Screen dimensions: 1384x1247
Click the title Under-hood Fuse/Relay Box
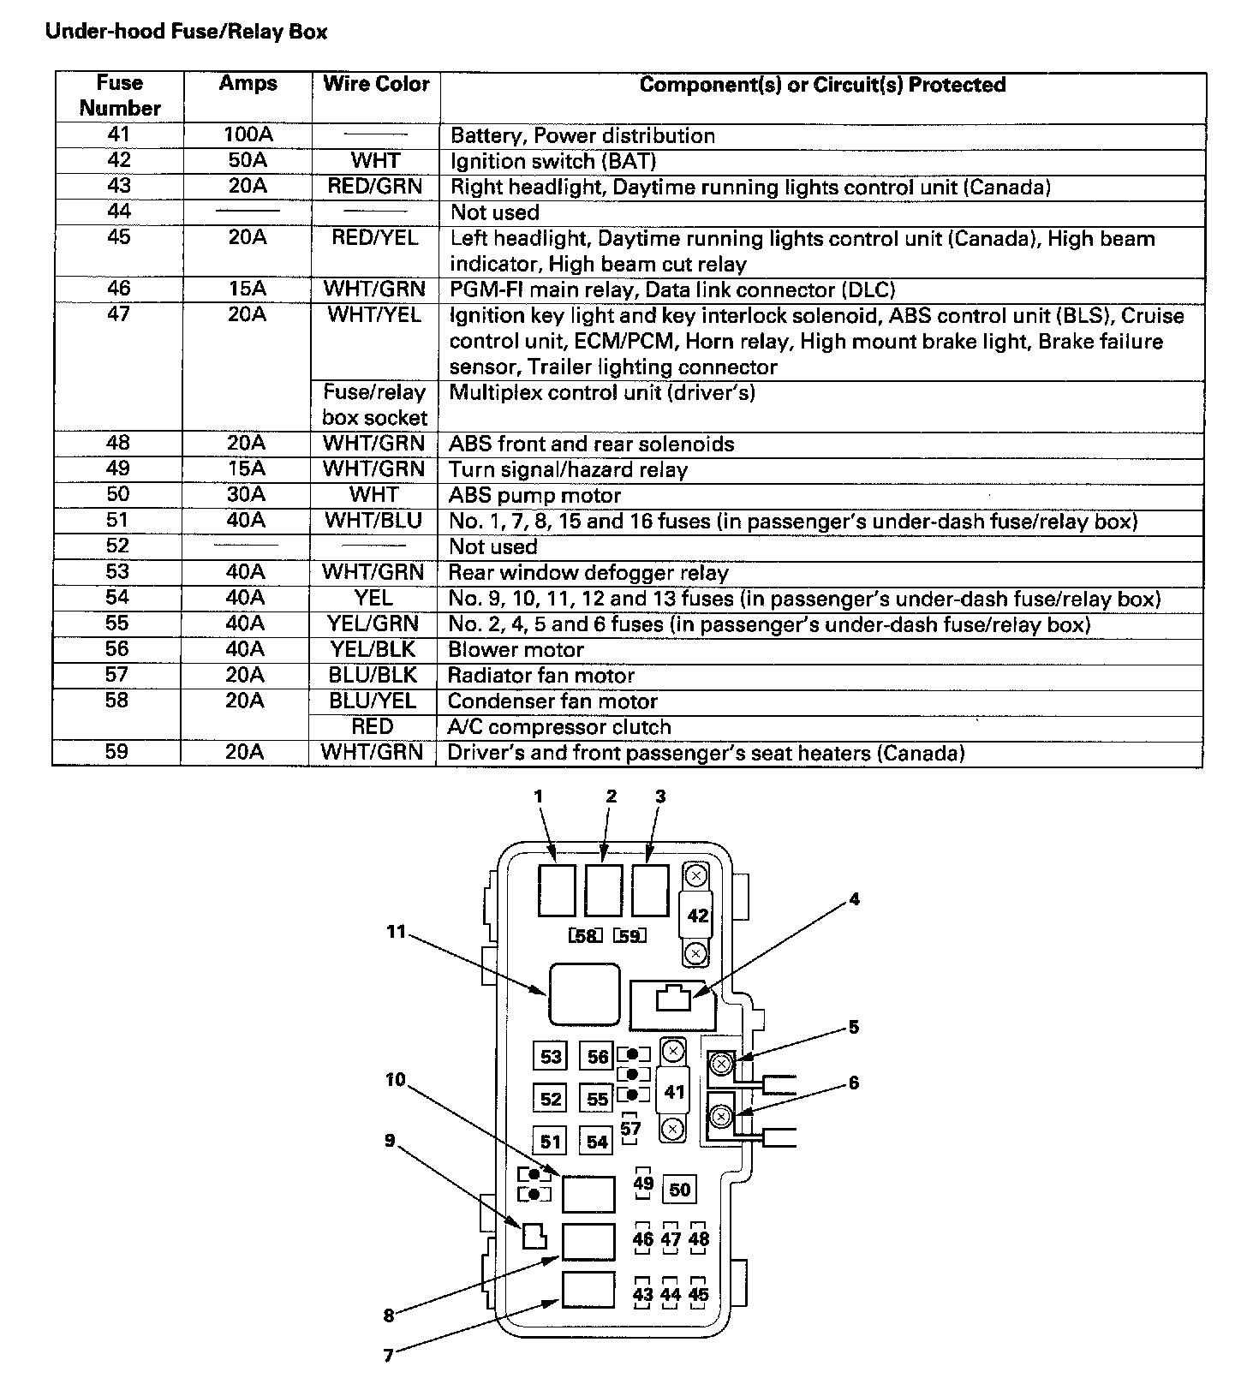pyautogui.click(x=186, y=33)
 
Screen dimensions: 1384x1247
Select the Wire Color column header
pyautogui.click(x=376, y=84)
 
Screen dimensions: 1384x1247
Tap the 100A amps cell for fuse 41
pyautogui.click(x=247, y=135)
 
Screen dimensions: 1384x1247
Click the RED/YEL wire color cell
pyautogui.click(x=375, y=238)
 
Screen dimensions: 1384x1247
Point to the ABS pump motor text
pyautogui.click(x=534, y=496)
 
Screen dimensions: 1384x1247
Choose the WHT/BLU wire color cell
pyautogui.click(x=373, y=521)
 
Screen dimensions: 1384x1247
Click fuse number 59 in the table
pyautogui.click(x=116, y=752)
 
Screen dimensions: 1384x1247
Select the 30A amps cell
pyautogui.click(x=246, y=495)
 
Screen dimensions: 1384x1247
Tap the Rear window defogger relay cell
pyautogui.click(x=588, y=573)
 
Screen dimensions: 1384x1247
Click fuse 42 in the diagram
pyautogui.click(x=698, y=916)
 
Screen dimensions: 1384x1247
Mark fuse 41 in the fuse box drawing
pyautogui.click(x=675, y=1092)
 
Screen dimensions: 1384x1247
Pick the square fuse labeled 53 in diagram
pyautogui.click(x=551, y=1056)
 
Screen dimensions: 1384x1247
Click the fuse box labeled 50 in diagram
pyautogui.click(x=679, y=1190)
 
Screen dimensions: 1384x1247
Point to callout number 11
pyautogui.click(x=396, y=931)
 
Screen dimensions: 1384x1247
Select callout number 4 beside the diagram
pyautogui.click(x=854, y=899)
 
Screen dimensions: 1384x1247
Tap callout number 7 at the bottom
pyautogui.click(x=389, y=1356)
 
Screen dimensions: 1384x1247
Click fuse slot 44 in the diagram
pyautogui.click(x=671, y=1295)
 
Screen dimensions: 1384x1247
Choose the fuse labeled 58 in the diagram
pyautogui.click(x=586, y=936)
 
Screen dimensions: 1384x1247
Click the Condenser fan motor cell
pyautogui.click(x=552, y=701)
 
